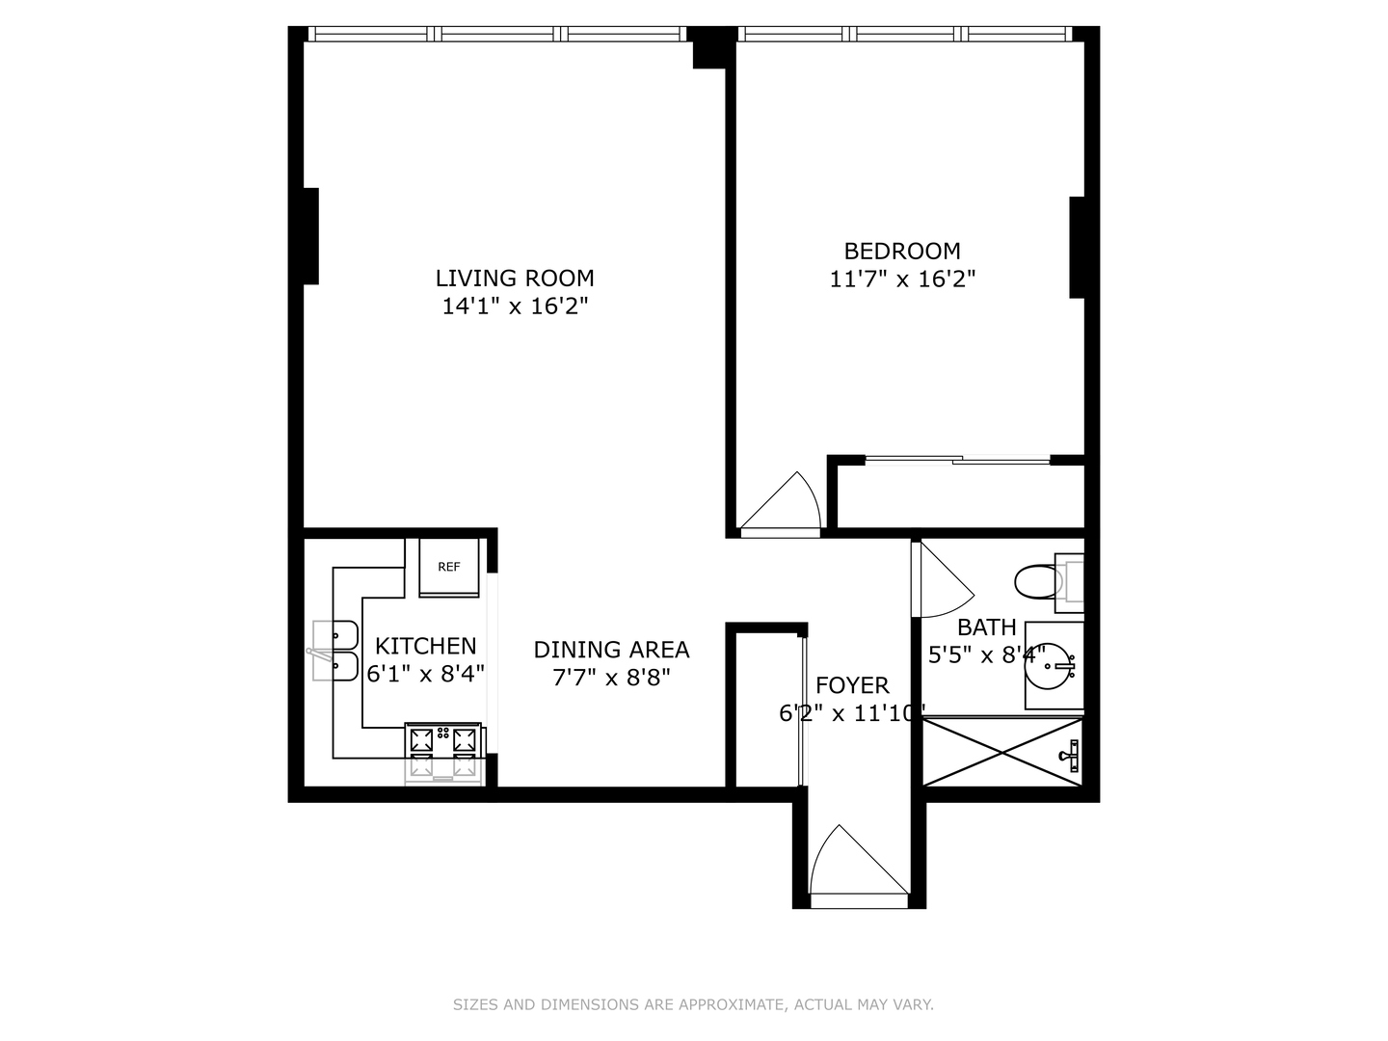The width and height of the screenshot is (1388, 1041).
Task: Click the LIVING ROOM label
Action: click(x=515, y=279)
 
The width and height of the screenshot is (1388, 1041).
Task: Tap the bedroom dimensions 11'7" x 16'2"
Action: click(x=902, y=280)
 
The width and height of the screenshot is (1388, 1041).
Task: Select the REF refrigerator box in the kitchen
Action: click(x=449, y=568)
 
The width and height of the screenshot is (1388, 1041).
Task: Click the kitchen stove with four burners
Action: click(x=443, y=751)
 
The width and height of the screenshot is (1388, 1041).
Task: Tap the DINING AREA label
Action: click(x=611, y=650)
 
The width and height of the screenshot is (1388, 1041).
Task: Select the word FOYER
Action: click(x=852, y=685)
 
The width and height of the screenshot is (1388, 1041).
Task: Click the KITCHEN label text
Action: click(x=425, y=646)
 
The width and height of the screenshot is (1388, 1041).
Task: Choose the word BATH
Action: click(x=986, y=627)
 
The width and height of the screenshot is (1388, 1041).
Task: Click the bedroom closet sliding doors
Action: click(x=957, y=461)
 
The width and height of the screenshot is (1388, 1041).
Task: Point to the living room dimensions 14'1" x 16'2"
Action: click(x=515, y=307)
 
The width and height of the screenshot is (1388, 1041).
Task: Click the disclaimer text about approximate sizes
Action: click(x=693, y=1004)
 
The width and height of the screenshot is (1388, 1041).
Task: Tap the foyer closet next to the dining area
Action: click(x=764, y=708)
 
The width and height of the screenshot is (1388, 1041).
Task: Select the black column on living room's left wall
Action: click(x=310, y=236)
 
